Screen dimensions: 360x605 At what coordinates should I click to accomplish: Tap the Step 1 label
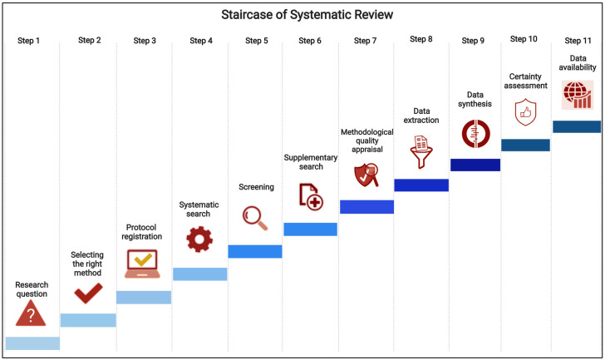click(28, 41)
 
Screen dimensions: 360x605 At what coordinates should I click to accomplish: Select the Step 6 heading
click(311, 41)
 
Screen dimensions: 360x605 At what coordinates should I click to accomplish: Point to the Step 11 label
click(578, 41)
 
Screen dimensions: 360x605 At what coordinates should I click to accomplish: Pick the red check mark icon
click(88, 293)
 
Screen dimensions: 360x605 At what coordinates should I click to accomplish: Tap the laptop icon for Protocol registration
click(143, 263)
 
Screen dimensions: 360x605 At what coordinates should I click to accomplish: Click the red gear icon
click(199, 239)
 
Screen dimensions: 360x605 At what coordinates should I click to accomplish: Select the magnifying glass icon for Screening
click(254, 217)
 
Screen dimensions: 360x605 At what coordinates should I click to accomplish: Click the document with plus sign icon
click(311, 196)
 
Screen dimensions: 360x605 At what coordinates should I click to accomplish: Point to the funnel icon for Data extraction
click(421, 150)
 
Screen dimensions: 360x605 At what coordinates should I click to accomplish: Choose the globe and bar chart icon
click(578, 94)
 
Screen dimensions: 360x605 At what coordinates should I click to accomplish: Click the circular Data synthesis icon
click(475, 133)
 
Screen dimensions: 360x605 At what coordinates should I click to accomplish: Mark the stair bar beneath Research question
click(32, 343)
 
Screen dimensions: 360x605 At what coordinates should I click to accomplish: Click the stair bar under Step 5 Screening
click(255, 251)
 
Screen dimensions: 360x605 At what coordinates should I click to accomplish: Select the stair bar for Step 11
click(577, 126)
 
